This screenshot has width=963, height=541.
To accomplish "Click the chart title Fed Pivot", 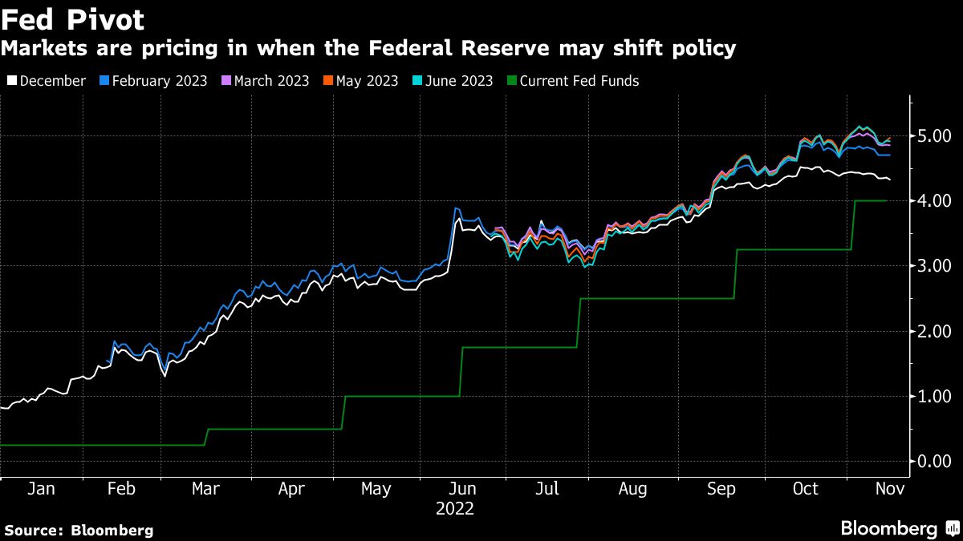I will click(x=72, y=18).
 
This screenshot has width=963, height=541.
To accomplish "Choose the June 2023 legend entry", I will click(x=457, y=81).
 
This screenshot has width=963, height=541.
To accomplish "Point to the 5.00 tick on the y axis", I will click(x=935, y=135).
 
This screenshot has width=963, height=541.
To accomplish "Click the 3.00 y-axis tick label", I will click(x=935, y=266).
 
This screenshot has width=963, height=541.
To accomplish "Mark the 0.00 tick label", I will click(x=935, y=462).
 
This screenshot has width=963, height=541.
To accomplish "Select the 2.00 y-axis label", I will click(x=935, y=331).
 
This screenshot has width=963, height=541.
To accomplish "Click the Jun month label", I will click(x=461, y=489).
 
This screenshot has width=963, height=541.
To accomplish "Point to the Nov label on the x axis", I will click(x=890, y=489).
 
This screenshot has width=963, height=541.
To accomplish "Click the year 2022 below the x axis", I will click(x=454, y=508).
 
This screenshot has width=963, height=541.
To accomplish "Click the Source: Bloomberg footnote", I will click(x=78, y=530).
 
